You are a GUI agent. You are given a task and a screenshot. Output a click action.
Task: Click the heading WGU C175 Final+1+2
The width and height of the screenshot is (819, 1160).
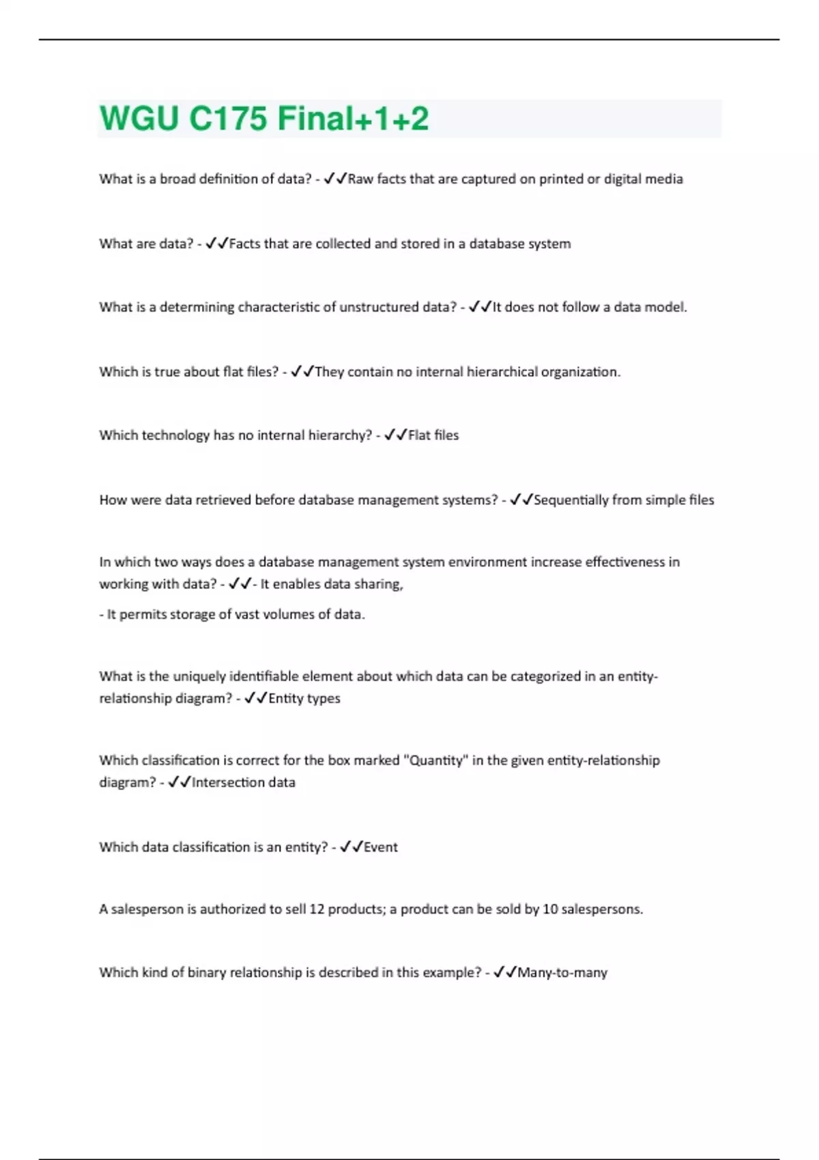pyautogui.click(x=264, y=118)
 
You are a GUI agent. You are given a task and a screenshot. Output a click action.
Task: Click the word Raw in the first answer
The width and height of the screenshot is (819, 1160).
pyautogui.click(x=361, y=179)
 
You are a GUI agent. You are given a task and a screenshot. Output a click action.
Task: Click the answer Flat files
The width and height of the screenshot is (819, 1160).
pyautogui.click(x=433, y=435)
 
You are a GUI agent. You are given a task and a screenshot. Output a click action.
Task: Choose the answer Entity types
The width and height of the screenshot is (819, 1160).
pyautogui.click(x=304, y=699)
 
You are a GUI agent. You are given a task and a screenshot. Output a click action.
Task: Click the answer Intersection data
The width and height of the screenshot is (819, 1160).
pyautogui.click(x=244, y=783)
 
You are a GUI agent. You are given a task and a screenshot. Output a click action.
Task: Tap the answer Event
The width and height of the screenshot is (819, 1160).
pyautogui.click(x=381, y=847)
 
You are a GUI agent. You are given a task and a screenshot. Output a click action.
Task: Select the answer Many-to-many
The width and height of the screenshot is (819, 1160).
pyautogui.click(x=562, y=973)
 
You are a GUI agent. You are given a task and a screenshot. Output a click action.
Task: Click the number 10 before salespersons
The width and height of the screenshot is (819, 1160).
pyautogui.click(x=550, y=910)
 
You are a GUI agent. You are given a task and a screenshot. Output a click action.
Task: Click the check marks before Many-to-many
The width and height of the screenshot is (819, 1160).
pyautogui.click(x=504, y=972)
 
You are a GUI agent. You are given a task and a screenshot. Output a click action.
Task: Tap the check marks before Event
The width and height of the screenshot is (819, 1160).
pyautogui.click(x=351, y=847)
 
